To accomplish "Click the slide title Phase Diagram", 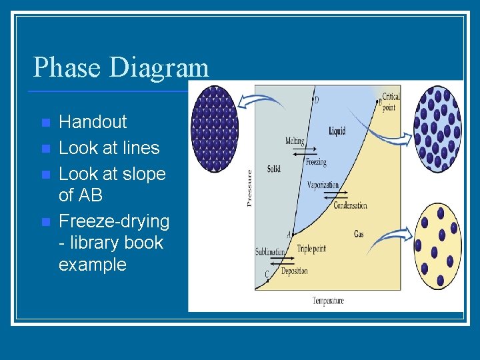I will pyautogui.click(x=121, y=67).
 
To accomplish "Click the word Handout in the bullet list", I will pyautogui.click(x=93, y=122).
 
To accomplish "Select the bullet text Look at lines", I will pyautogui.click(x=109, y=148).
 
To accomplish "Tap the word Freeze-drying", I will pyautogui.click(x=114, y=221).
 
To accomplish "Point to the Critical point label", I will pyautogui.click(x=390, y=102).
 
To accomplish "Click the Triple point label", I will pyautogui.click(x=311, y=249).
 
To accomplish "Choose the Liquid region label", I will pyautogui.click(x=337, y=131).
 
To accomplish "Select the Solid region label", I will pyautogui.click(x=273, y=169).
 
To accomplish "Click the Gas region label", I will pyautogui.click(x=359, y=235).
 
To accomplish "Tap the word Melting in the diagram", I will pyautogui.click(x=295, y=141).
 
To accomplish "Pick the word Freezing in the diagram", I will pyautogui.click(x=316, y=162).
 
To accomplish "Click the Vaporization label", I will pyautogui.click(x=324, y=185).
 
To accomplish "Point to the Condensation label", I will pyautogui.click(x=350, y=205).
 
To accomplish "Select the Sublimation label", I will pyautogui.click(x=270, y=252).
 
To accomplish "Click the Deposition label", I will pyautogui.click(x=294, y=271).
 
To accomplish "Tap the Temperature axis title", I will pyautogui.click(x=328, y=301).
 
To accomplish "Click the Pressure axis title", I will pyautogui.click(x=250, y=187).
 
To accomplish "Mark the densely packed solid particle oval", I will pyautogui.click(x=214, y=129).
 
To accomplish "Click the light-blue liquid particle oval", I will pyautogui.click(x=437, y=129).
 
